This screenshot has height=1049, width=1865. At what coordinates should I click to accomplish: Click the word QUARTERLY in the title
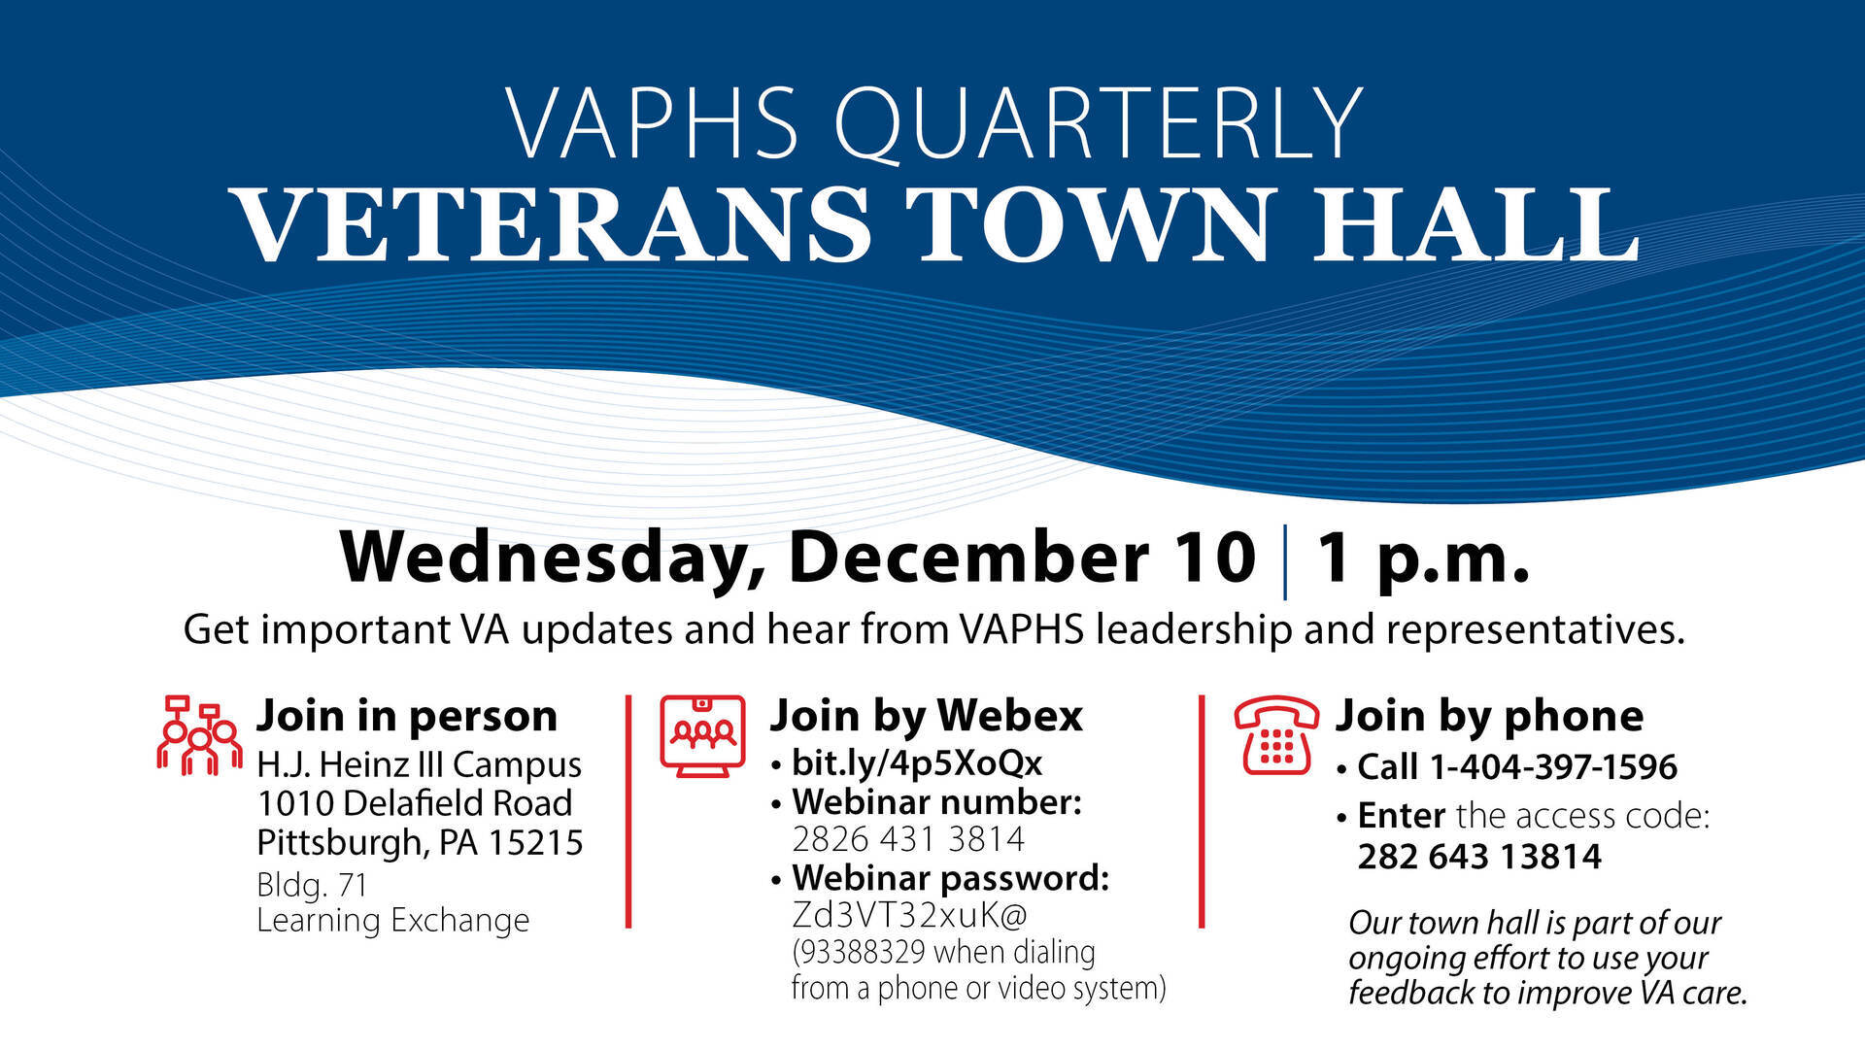1099,125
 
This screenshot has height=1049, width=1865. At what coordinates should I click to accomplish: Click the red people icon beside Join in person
199,735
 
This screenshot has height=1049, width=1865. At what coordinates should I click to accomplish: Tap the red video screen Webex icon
702,736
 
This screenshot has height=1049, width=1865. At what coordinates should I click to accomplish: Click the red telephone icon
1276,734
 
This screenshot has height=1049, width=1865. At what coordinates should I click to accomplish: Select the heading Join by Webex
927,717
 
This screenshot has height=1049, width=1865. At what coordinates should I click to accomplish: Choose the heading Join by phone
1490,717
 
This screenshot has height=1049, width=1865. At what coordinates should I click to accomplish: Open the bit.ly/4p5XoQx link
917,763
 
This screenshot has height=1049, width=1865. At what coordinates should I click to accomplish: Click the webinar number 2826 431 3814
908,839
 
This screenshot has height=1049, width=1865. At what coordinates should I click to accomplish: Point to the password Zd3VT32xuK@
910,915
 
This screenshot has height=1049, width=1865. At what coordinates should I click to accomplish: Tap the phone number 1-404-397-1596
1553,767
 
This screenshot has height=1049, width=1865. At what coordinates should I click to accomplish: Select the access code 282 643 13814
1479,857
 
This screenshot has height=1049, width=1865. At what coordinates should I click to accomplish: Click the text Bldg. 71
312,885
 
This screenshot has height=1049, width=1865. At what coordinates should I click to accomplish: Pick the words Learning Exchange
393,921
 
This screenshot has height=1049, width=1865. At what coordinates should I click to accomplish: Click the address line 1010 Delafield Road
415,804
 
